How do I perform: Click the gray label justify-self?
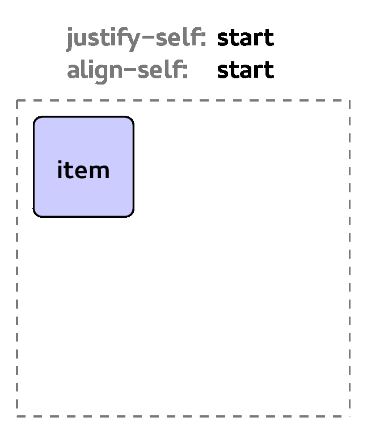click(136, 39)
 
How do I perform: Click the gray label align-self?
click(128, 70)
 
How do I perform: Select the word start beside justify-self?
click(246, 38)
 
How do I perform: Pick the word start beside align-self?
click(246, 70)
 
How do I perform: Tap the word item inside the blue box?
click(83, 169)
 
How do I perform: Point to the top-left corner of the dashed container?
click(17, 100)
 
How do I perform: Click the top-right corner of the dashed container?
click(350, 100)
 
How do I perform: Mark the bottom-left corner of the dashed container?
click(17, 416)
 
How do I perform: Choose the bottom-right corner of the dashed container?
click(350, 416)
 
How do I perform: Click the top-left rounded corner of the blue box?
click(36, 120)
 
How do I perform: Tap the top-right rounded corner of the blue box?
click(131, 120)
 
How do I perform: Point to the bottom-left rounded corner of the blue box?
click(36, 214)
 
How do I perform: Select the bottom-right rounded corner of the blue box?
click(131, 214)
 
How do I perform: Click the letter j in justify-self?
click(70, 39)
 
